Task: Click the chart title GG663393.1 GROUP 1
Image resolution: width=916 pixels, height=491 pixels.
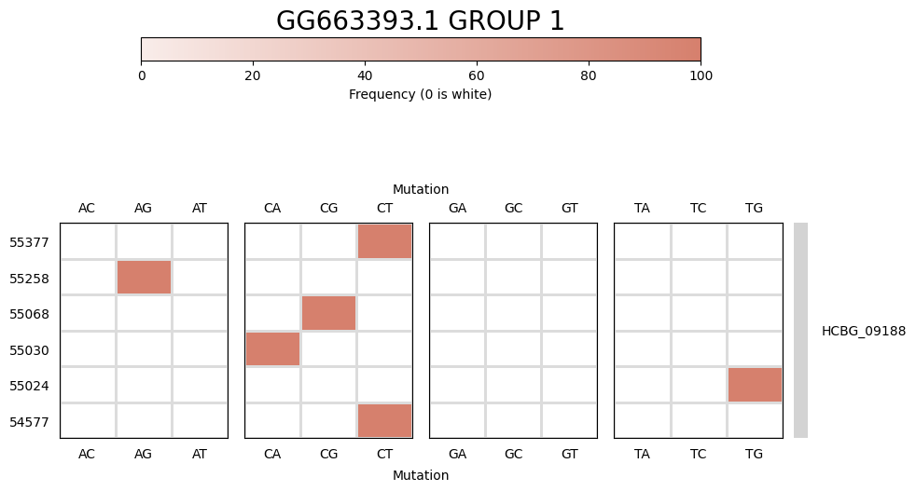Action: (x=420, y=21)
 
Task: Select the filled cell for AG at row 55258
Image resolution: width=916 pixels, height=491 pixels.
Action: (x=144, y=278)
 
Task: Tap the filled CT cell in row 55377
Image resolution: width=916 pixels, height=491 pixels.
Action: (x=384, y=241)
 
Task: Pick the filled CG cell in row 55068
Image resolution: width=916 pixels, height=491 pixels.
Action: (x=328, y=313)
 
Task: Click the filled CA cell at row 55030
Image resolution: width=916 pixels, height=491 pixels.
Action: (x=272, y=349)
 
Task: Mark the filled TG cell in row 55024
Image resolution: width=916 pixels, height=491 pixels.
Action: (x=755, y=385)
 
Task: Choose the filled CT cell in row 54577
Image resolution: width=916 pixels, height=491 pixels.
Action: (x=384, y=420)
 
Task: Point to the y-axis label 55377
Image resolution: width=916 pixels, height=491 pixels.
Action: (x=29, y=242)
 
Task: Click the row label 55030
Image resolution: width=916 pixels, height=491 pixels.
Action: (x=29, y=350)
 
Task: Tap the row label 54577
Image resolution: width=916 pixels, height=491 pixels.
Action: (x=29, y=422)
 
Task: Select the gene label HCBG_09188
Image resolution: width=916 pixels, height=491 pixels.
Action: (x=863, y=331)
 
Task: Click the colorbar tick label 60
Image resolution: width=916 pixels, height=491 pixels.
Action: (x=477, y=76)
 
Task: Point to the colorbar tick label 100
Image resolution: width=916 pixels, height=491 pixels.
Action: (x=700, y=76)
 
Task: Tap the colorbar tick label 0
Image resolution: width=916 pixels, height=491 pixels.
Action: (x=142, y=76)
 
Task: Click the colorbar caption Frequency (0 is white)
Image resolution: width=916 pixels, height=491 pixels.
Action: (x=420, y=94)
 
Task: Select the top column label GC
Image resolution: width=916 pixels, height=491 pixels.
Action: (x=513, y=208)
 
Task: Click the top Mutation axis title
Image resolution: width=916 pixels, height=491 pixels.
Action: (x=421, y=189)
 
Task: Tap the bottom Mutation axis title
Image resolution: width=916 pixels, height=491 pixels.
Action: (x=421, y=475)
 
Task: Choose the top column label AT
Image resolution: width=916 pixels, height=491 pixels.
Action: (x=200, y=208)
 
